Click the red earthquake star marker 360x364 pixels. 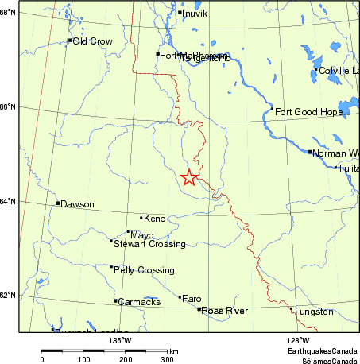[x=189, y=178]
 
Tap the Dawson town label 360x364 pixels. [x=77, y=204]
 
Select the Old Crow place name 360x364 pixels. [x=92, y=41]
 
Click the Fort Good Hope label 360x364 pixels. [x=308, y=112]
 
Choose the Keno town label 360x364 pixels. [x=154, y=218]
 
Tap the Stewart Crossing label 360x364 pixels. [x=149, y=244]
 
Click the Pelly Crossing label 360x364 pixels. [x=144, y=270]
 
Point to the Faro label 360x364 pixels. [x=192, y=299]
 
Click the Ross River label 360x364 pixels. [x=223, y=311]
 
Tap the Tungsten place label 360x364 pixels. [x=314, y=312]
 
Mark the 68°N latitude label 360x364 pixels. [x=9, y=14]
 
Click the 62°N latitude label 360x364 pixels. [x=9, y=296]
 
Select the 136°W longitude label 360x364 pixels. [x=119, y=341]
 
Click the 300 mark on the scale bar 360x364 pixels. [x=167, y=360]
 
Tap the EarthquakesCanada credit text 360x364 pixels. [x=322, y=350]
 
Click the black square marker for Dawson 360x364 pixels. [x=58, y=203]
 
